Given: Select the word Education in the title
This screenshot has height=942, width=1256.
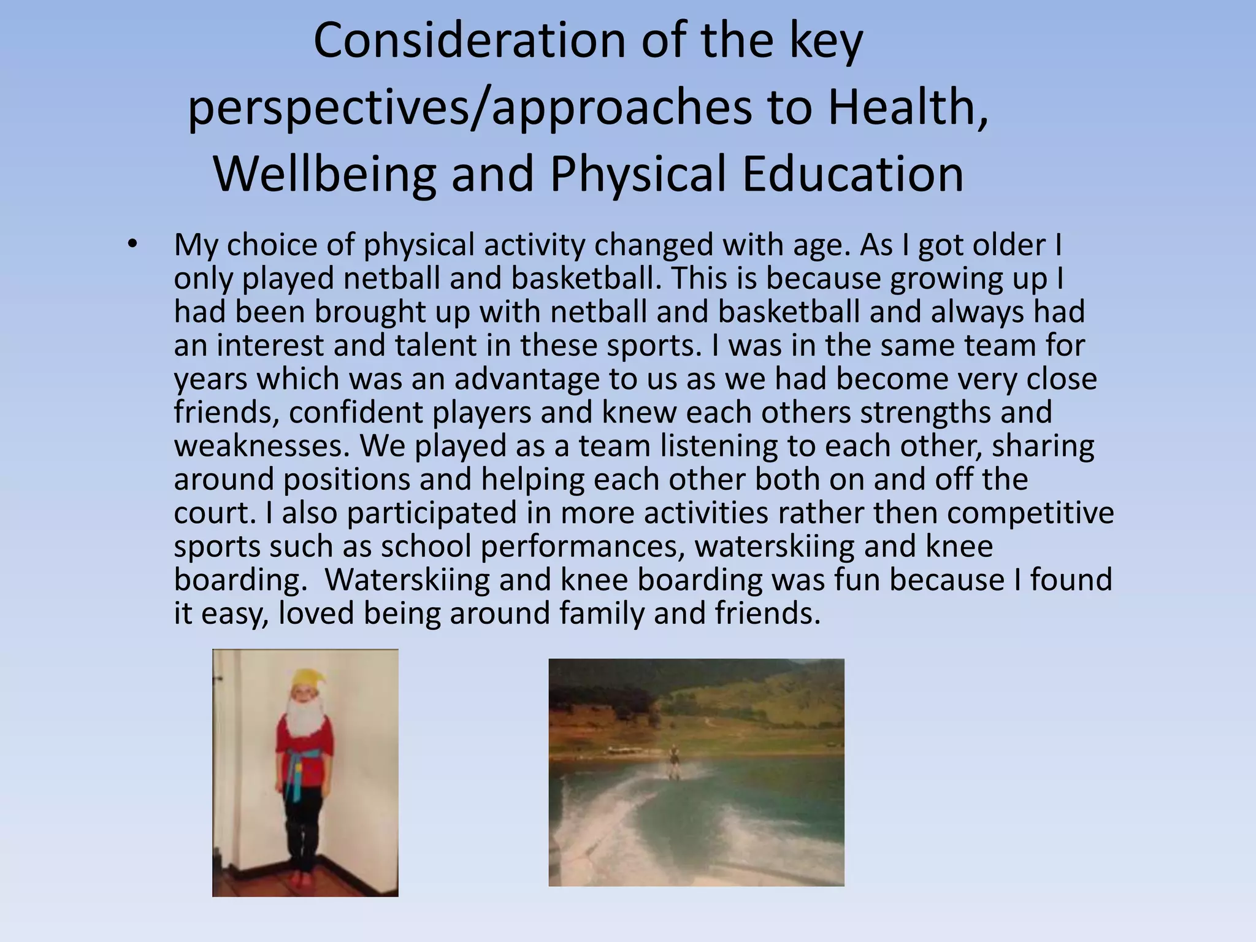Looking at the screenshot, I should click(x=852, y=174).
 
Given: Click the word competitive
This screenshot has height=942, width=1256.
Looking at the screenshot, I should click(x=1030, y=513).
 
